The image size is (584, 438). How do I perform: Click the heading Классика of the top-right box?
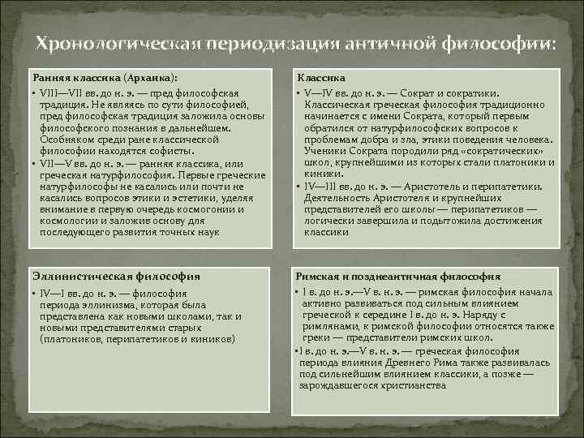tap(320, 77)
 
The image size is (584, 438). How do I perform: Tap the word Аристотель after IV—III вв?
tap(445, 186)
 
